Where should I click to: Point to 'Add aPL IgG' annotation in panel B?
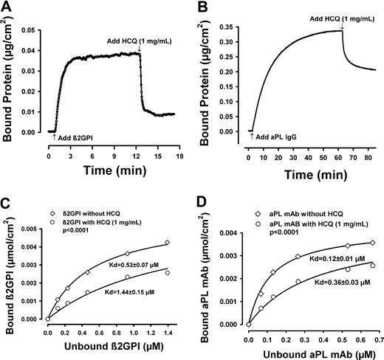[278, 137]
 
